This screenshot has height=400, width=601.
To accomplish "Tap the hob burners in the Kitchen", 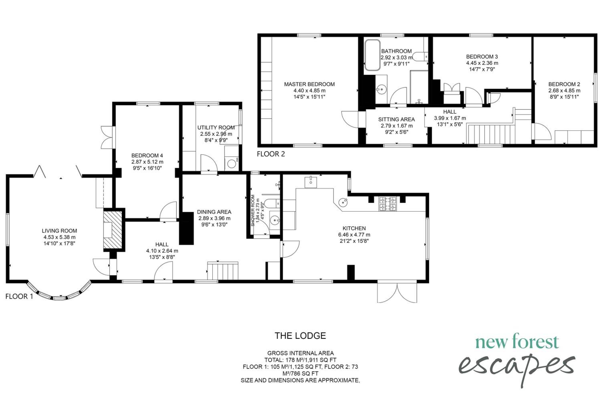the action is (x=388, y=204).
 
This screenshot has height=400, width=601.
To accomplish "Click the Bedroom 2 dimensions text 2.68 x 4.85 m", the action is (x=564, y=91).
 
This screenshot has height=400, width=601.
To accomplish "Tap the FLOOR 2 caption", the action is (x=271, y=154).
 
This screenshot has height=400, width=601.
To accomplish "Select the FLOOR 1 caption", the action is (x=19, y=296).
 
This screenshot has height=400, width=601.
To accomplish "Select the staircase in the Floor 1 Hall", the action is (x=223, y=271).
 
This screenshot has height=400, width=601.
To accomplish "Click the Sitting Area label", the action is (x=396, y=119).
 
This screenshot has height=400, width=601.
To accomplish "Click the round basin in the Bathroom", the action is (x=381, y=89).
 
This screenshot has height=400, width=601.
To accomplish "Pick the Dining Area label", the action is (x=214, y=212).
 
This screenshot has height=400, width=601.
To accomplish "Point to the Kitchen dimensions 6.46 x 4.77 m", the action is (x=354, y=235).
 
